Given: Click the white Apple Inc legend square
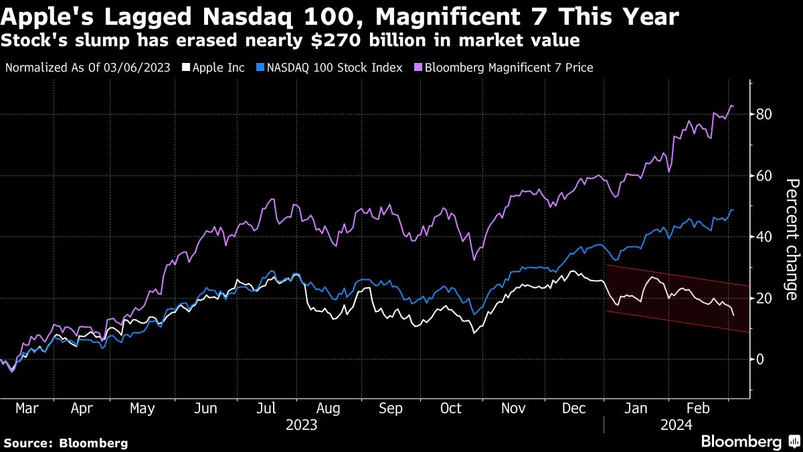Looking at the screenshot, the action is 186,68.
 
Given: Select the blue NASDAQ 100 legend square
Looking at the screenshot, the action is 260,68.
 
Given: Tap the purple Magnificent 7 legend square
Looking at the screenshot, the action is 418,68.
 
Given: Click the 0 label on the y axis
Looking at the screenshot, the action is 760,359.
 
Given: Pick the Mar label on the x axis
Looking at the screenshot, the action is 27,408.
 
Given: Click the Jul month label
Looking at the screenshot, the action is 266,408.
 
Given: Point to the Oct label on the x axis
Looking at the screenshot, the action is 450,408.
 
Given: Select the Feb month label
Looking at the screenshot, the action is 698,408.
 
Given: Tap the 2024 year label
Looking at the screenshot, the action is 677,425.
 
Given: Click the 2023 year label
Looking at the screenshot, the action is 302,425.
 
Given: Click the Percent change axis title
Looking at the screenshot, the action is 792,240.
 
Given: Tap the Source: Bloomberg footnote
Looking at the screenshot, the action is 66,443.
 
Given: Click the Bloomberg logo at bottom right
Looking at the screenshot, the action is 751,441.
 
